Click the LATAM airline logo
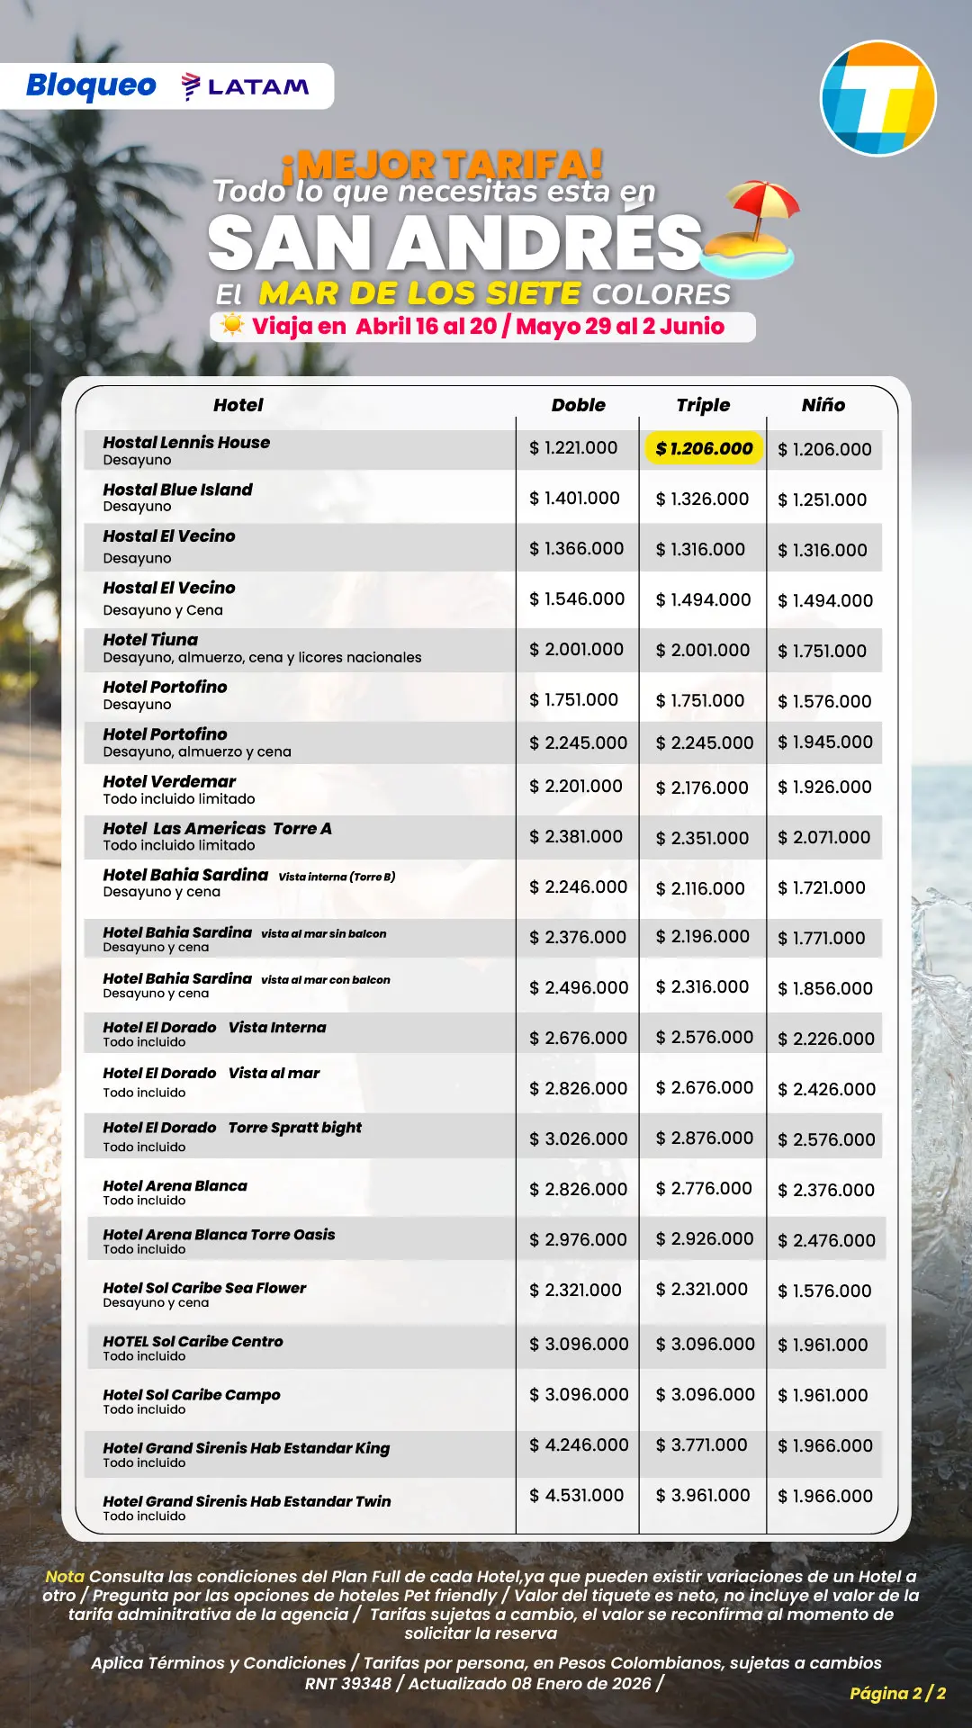(246, 86)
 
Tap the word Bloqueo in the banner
(91, 85)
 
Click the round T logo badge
(877, 98)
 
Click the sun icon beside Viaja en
(232, 325)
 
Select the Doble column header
(578, 405)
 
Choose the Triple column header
(703, 405)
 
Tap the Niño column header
(823, 405)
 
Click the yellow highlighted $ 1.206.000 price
(704, 448)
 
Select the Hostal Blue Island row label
(177, 490)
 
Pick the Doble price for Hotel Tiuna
(576, 649)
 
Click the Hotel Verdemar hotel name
(169, 781)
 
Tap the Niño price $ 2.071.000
(823, 837)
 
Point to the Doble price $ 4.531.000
(576, 1495)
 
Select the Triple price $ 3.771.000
(702, 1444)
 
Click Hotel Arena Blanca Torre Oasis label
(219, 1235)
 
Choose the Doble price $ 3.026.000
(578, 1138)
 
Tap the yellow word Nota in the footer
(65, 1576)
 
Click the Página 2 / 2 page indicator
(897, 1693)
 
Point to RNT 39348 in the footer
(347, 1683)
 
